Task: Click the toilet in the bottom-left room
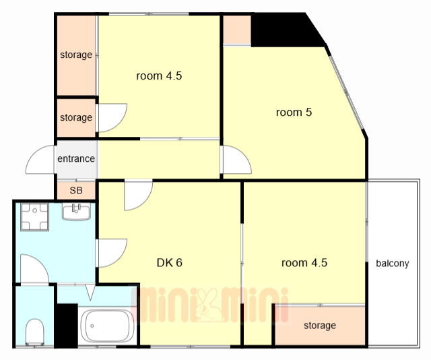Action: (x=34, y=332)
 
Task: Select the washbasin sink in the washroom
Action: (x=76, y=212)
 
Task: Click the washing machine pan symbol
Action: (x=34, y=217)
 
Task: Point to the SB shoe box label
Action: (x=76, y=190)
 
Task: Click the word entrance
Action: (x=76, y=158)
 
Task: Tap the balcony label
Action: (x=392, y=264)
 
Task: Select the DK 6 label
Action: (x=169, y=262)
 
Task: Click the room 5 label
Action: (x=294, y=112)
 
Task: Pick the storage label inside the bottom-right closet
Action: (x=320, y=326)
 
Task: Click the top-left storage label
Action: (x=76, y=55)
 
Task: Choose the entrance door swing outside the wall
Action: (x=40, y=160)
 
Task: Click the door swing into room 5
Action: (x=236, y=160)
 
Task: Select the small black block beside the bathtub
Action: (x=66, y=326)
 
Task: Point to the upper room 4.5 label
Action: (x=159, y=76)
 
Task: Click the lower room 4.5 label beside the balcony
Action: (x=304, y=262)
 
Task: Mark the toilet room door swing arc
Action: (x=35, y=269)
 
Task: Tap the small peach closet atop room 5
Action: (x=237, y=30)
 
